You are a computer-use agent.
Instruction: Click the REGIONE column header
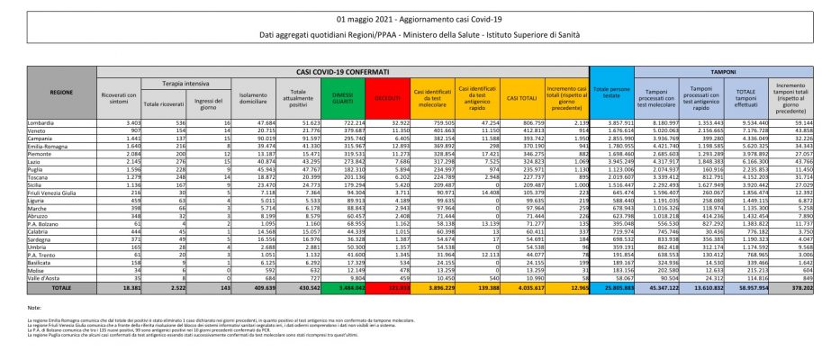tap(61, 93)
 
